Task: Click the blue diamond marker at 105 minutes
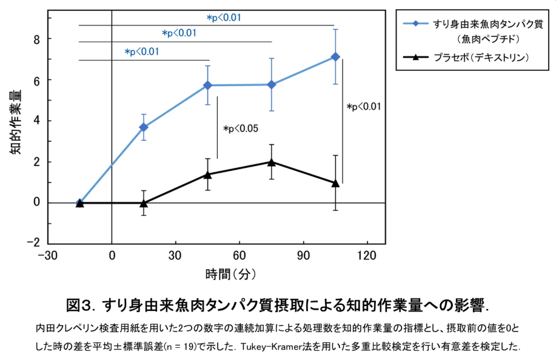(335, 57)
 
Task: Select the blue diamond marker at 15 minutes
(143, 127)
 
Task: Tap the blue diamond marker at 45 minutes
(207, 85)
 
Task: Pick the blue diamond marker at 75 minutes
(271, 85)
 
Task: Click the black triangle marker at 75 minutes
(271, 162)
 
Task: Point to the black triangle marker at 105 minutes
(335, 182)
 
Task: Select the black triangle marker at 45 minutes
(207, 175)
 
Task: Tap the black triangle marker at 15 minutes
(143, 203)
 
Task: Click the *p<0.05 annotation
(241, 129)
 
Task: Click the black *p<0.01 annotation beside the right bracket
(364, 107)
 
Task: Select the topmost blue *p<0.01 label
(224, 18)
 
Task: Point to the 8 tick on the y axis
(36, 39)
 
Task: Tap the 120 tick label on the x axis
(367, 255)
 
